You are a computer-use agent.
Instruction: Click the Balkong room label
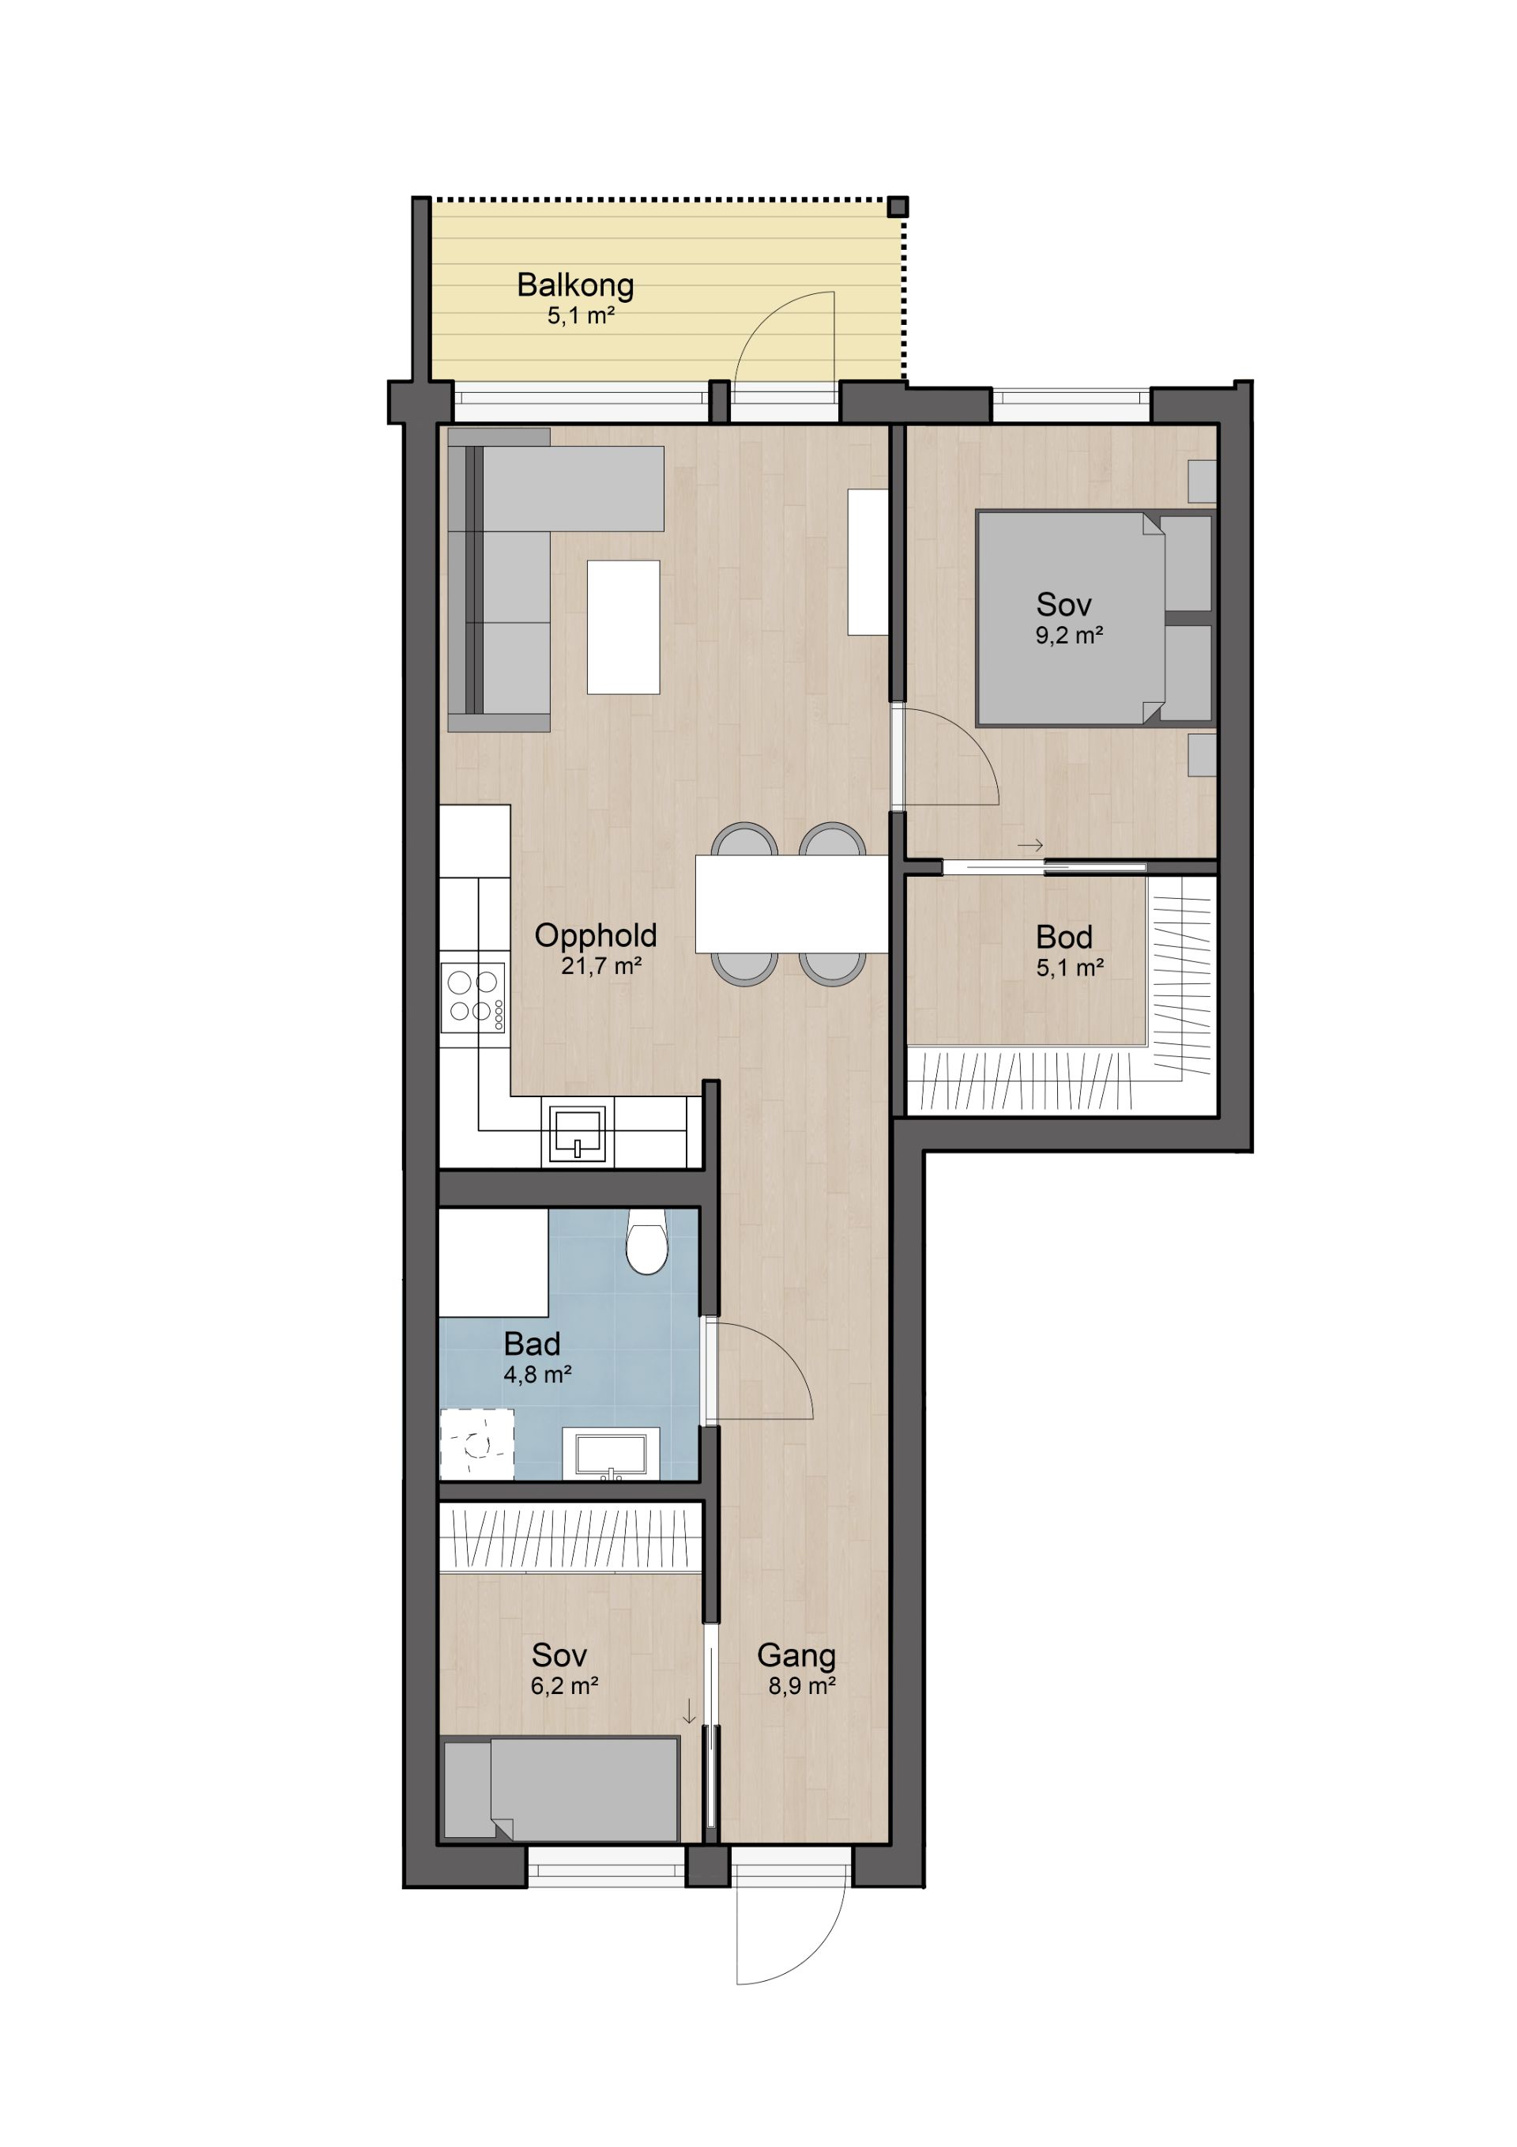click(575, 286)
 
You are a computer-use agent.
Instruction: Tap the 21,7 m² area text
click(601, 966)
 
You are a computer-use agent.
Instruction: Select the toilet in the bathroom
click(647, 1241)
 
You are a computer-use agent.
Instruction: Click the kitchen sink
click(577, 1134)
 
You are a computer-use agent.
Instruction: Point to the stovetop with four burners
click(474, 998)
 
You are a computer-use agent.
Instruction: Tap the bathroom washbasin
click(610, 1454)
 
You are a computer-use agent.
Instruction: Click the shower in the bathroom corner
click(476, 1445)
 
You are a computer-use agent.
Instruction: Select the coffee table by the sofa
click(623, 627)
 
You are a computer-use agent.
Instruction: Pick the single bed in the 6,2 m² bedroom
click(561, 1790)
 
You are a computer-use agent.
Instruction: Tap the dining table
click(792, 904)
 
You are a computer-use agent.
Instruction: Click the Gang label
click(796, 1655)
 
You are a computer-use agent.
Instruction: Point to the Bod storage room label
click(1063, 937)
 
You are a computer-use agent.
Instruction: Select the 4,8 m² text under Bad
click(537, 1375)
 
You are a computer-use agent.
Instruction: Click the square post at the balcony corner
click(898, 206)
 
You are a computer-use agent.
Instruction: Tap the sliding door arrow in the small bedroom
click(689, 1711)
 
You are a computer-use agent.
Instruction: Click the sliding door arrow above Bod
click(1030, 845)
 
